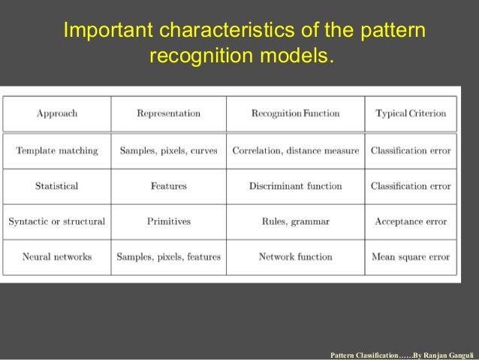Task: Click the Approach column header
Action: click(x=56, y=113)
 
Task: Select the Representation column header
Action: click(x=168, y=113)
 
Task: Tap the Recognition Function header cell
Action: click(x=295, y=113)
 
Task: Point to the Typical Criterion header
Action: click(x=411, y=113)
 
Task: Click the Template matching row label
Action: click(x=56, y=150)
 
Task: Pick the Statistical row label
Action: click(x=56, y=186)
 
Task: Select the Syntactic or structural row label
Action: click(x=56, y=222)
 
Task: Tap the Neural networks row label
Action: click(x=56, y=256)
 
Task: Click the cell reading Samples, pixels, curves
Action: click(x=168, y=150)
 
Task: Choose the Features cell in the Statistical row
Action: click(x=168, y=186)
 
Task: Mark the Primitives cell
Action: click(x=168, y=222)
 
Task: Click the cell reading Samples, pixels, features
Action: click(x=168, y=256)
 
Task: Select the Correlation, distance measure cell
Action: click(x=295, y=150)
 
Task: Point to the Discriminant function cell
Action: click(x=295, y=186)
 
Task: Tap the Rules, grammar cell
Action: click(x=295, y=222)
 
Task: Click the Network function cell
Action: click(x=295, y=256)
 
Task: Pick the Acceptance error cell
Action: click(x=411, y=222)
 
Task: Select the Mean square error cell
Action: click(x=411, y=256)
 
